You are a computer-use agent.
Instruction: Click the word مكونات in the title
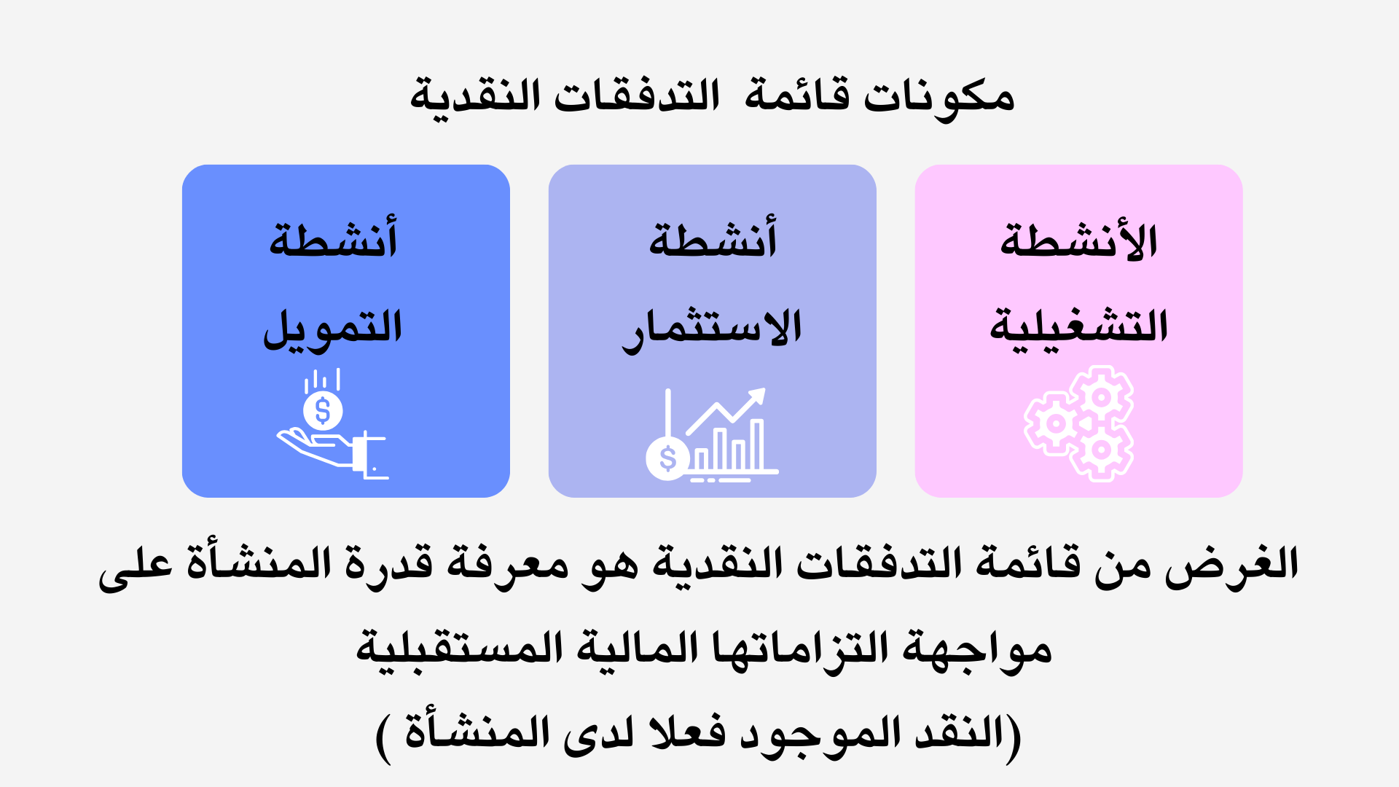(x=939, y=96)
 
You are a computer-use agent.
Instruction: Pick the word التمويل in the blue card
(x=332, y=328)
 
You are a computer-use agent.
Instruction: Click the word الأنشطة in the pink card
(x=1078, y=239)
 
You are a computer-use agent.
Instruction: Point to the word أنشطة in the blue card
(x=333, y=238)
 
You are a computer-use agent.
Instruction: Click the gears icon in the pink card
(x=1079, y=423)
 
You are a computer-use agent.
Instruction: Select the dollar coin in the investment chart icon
(x=667, y=459)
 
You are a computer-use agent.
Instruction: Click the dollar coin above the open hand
(x=323, y=411)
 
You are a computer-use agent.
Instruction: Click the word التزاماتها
(x=801, y=649)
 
